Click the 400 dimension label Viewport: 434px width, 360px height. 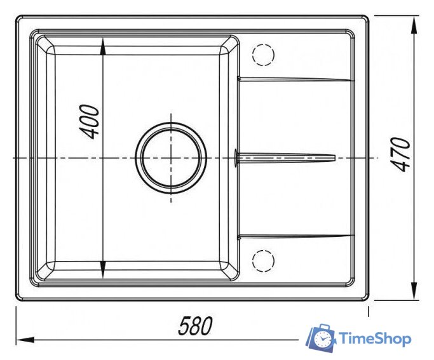click(x=90, y=122)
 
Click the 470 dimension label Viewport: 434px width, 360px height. click(x=401, y=154)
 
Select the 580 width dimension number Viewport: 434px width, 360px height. click(x=196, y=326)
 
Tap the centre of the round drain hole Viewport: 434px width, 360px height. click(x=171, y=158)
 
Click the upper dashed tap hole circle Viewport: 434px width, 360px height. click(x=263, y=55)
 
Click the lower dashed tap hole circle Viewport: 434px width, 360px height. click(x=263, y=261)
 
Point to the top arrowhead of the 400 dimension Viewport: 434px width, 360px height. click(x=103, y=46)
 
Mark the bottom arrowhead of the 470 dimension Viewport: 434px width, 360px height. click(x=414, y=291)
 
